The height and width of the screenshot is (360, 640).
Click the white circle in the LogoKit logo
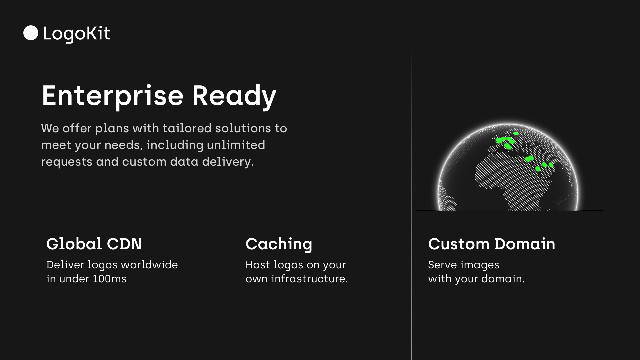click(31, 33)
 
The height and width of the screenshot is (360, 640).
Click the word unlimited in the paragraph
click(236, 145)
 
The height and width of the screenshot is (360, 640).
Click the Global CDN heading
click(94, 244)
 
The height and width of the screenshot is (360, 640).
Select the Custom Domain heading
click(492, 244)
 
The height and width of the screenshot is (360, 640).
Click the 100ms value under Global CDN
click(110, 279)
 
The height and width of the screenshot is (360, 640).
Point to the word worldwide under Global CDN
click(149, 265)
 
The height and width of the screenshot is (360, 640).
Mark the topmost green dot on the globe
click(516, 134)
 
